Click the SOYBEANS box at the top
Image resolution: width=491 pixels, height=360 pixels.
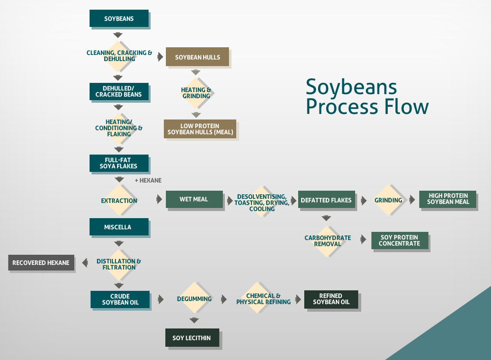pyautogui.click(x=119, y=19)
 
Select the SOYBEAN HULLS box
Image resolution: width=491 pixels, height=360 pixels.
pyautogui.click(x=197, y=57)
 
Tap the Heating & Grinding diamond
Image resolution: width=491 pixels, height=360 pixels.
pyautogui.click(x=196, y=93)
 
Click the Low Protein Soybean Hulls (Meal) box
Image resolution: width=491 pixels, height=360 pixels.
pyautogui.click(x=200, y=129)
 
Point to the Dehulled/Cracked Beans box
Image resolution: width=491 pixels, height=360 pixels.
pyautogui.click(x=119, y=92)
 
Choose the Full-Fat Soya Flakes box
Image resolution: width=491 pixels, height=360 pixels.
pyautogui.click(x=119, y=163)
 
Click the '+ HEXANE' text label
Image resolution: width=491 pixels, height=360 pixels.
pyautogui.click(x=148, y=181)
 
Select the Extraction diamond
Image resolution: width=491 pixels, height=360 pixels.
pyautogui.click(x=119, y=200)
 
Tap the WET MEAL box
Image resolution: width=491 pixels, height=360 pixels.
pyautogui.click(x=194, y=199)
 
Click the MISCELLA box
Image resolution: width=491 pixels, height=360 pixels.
pyautogui.click(x=119, y=227)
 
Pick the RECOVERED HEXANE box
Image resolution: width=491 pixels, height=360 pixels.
pyautogui.click(x=41, y=263)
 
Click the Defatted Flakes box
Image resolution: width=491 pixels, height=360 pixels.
pyautogui.click(x=326, y=200)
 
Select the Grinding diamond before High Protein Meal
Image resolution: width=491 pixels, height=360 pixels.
pyautogui.click(x=388, y=200)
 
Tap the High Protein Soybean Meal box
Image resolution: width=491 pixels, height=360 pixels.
pyautogui.click(x=448, y=199)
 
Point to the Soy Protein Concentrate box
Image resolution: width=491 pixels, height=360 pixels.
pyautogui.click(x=399, y=241)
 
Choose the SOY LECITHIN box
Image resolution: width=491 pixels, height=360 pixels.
pyautogui.click(x=192, y=338)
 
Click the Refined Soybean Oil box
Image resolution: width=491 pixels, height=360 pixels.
pyautogui.click(x=331, y=299)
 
